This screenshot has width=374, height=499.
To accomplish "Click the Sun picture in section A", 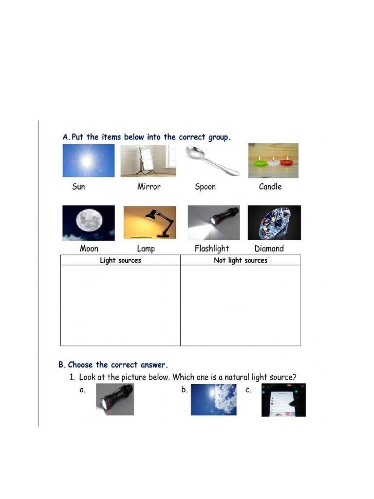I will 89,160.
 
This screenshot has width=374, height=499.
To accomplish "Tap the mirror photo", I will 148,160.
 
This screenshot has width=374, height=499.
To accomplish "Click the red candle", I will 287,161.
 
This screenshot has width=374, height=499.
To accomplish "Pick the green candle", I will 259,162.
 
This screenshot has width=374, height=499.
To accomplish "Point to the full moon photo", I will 89,223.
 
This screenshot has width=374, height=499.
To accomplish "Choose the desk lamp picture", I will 150,222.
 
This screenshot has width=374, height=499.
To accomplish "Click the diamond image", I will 274,223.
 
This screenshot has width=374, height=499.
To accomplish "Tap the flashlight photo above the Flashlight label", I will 214,223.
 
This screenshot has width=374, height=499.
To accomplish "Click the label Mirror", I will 149,187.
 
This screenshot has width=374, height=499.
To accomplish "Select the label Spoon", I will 205,187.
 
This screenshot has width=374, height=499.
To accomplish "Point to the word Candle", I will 270,187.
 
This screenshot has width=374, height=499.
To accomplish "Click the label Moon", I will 89,249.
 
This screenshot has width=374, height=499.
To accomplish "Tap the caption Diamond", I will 269,249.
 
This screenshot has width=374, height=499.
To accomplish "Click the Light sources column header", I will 120,260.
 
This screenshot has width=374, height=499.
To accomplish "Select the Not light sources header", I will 241,260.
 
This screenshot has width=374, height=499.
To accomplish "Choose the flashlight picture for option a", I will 115,400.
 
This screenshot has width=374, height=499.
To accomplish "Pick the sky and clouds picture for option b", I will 213,400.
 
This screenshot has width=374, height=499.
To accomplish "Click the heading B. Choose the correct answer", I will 113,365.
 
